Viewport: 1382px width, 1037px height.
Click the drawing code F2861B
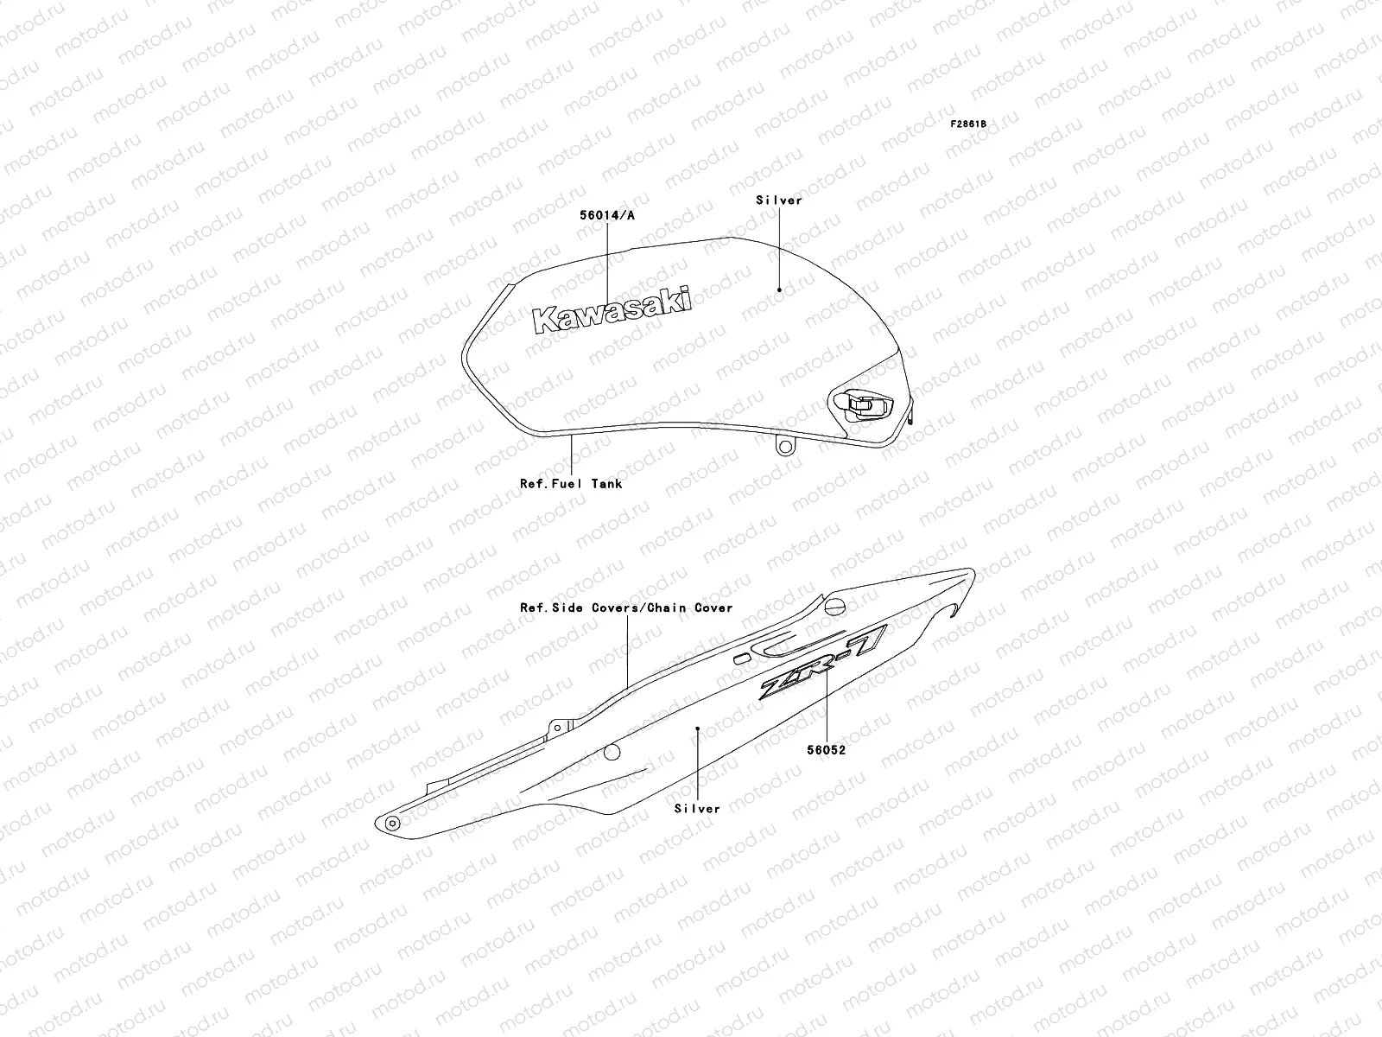coord(968,124)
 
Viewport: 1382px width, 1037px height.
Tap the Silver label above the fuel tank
coord(779,200)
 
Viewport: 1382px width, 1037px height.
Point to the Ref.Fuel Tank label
coord(570,484)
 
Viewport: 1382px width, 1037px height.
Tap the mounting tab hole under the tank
coord(784,447)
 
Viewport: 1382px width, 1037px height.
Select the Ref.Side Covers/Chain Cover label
coord(626,608)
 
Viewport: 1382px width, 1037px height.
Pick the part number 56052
coord(827,750)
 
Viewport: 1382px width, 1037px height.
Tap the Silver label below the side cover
coord(697,809)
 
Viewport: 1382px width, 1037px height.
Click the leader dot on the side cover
coord(697,728)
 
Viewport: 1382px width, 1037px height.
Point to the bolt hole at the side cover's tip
coord(392,822)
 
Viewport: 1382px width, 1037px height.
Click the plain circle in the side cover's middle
coord(612,751)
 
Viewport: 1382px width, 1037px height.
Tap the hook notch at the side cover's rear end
coord(948,610)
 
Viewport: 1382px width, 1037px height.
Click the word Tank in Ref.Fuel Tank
coord(606,484)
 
